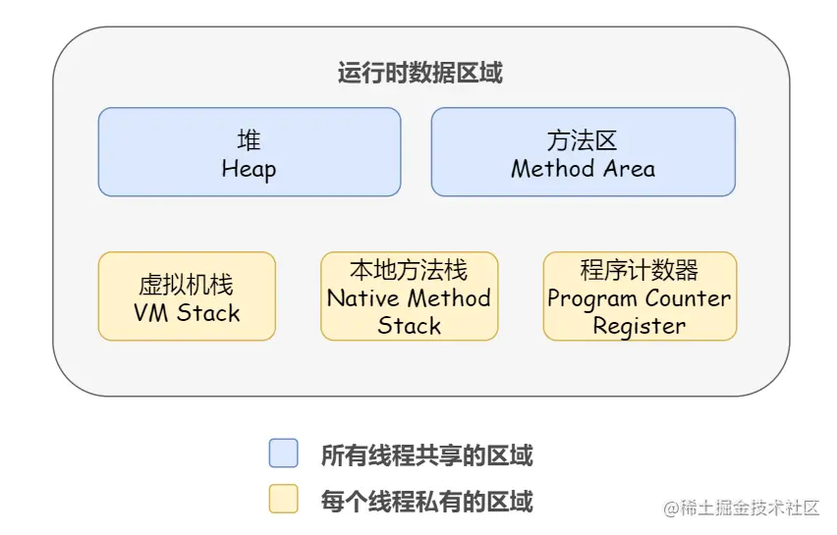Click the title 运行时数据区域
click(419, 73)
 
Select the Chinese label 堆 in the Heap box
click(249, 140)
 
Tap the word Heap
click(249, 170)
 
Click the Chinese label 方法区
click(582, 140)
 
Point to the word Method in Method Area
click(553, 169)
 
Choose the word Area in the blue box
click(630, 169)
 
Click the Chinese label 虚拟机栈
click(186, 285)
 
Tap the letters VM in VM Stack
click(151, 313)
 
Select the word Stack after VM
click(208, 313)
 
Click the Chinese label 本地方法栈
click(409, 270)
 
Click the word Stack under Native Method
click(410, 326)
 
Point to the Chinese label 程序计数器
click(639, 270)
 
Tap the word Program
click(592, 299)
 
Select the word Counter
click(688, 298)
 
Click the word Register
click(639, 327)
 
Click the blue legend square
click(284, 453)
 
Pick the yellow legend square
click(284, 499)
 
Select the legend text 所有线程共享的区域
click(427, 455)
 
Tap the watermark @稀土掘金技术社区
click(741, 508)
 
